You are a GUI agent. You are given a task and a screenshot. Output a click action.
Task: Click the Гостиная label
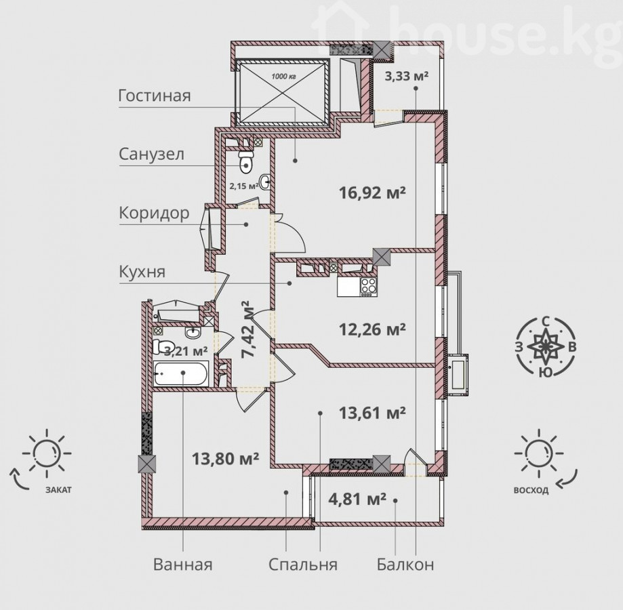(x=155, y=96)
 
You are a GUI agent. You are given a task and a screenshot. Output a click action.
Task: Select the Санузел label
(x=151, y=154)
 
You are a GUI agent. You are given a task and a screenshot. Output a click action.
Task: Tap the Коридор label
(x=154, y=213)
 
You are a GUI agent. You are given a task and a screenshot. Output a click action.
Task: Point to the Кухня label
(x=142, y=272)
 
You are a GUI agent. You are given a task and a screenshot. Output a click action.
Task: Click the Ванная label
(x=183, y=565)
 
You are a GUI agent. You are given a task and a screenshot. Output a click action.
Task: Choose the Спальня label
(x=303, y=565)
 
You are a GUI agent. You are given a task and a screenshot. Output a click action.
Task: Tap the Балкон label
(x=405, y=565)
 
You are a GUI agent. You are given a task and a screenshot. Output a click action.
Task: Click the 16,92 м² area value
(x=372, y=193)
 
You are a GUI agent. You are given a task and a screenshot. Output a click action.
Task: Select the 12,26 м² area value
(x=372, y=329)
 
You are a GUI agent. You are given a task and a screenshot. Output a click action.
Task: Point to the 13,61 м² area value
(x=372, y=413)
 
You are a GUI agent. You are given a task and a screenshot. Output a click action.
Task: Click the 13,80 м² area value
(x=225, y=459)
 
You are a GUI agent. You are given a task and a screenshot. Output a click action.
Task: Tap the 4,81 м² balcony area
(x=357, y=499)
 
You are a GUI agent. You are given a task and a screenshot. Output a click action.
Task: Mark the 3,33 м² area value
(x=407, y=75)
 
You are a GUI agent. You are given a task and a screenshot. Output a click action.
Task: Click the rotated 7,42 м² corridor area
(x=248, y=329)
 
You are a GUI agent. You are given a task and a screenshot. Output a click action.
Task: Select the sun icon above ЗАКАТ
(x=47, y=453)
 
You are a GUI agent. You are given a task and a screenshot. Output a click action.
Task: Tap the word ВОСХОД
(x=531, y=490)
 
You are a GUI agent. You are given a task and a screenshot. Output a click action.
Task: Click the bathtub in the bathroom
(x=181, y=373)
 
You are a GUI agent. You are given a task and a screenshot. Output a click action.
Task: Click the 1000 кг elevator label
(x=284, y=76)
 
